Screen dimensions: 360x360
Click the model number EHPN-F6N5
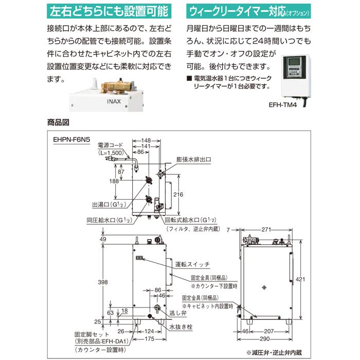[x=71, y=139]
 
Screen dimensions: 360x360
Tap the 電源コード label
[x=112, y=146]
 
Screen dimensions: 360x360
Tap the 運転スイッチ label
[x=192, y=264]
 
